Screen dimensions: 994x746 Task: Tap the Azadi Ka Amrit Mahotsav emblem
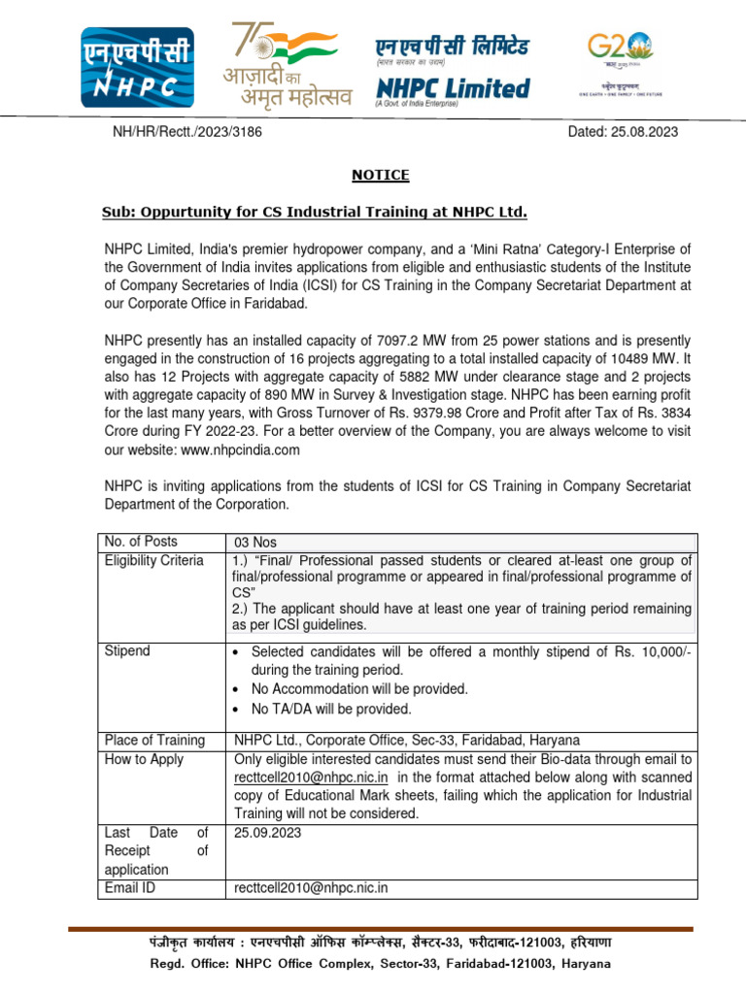point(282,64)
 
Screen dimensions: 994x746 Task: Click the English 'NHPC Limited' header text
point(453,88)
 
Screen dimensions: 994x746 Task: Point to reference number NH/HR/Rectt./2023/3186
point(187,132)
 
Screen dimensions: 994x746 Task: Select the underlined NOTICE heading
point(380,176)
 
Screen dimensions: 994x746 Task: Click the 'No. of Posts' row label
point(141,542)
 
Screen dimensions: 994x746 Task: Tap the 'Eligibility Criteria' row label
point(154,561)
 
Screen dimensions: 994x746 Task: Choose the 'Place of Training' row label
point(154,741)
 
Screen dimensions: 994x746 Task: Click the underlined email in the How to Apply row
point(311,779)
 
